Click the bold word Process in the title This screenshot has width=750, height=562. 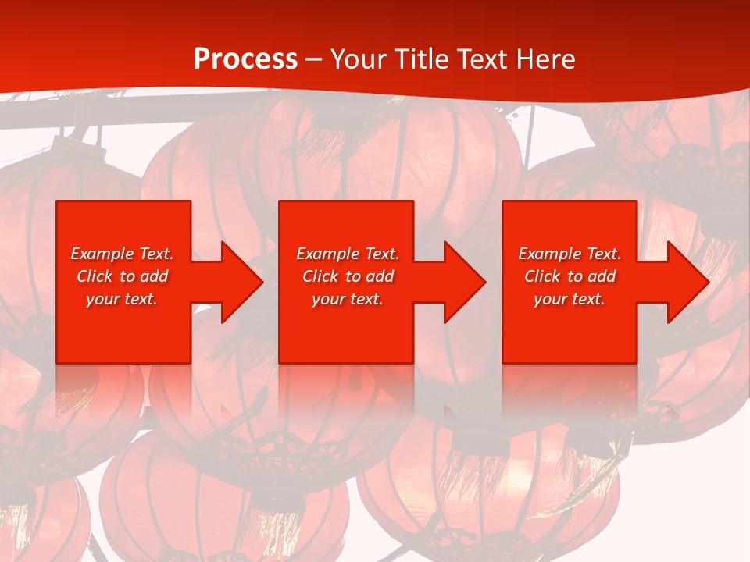click(245, 59)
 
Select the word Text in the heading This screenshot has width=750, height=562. click(483, 59)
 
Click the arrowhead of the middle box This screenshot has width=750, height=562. click(463, 282)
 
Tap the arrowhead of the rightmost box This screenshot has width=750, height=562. click(686, 282)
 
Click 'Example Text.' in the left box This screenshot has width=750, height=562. click(123, 254)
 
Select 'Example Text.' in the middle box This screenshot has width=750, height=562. click(348, 254)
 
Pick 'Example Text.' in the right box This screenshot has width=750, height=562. click(570, 254)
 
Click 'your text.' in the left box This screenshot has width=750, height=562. click(122, 299)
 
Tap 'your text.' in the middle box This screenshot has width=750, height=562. click(348, 299)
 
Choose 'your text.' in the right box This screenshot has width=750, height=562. click(570, 299)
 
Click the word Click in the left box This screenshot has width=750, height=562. click(95, 276)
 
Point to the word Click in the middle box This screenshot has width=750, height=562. click(320, 276)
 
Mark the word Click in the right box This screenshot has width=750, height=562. click(542, 276)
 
